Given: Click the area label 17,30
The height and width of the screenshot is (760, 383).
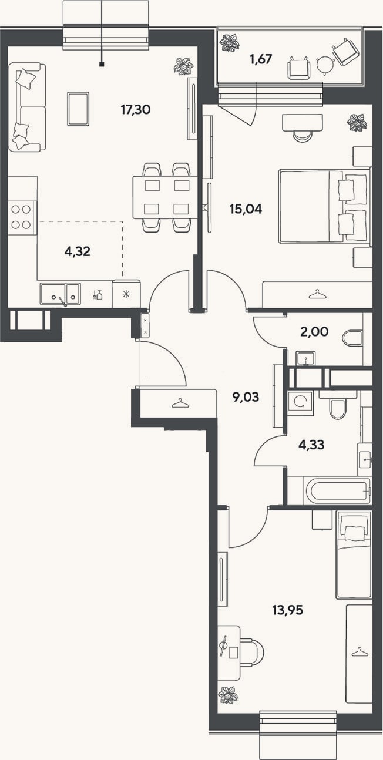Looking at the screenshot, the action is pyautogui.click(x=135, y=110).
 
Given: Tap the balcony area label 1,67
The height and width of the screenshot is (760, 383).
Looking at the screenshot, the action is pyautogui.click(x=261, y=59).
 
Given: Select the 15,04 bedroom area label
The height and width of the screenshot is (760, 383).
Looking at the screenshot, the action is pyautogui.click(x=246, y=209).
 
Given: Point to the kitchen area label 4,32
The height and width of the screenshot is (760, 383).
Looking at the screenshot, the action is pyautogui.click(x=78, y=252).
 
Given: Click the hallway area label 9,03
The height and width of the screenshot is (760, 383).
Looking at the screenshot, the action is pyautogui.click(x=246, y=396).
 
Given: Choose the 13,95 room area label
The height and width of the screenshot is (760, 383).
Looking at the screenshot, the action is pyautogui.click(x=288, y=611).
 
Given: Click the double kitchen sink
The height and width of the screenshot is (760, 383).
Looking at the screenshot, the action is pyautogui.click(x=61, y=294).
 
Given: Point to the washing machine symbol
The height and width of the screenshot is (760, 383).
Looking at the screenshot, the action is pyautogui.click(x=300, y=402).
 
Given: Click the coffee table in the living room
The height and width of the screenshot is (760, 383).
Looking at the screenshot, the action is pyautogui.click(x=78, y=109).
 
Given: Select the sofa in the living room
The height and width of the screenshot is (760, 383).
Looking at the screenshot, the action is pyautogui.click(x=27, y=107).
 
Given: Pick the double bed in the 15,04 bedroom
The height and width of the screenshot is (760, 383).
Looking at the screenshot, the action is pyautogui.click(x=324, y=207).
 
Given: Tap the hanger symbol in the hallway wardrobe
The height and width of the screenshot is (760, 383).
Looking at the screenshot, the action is pyautogui.click(x=179, y=403).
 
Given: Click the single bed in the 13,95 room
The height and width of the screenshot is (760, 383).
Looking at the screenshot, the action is pyautogui.click(x=354, y=555).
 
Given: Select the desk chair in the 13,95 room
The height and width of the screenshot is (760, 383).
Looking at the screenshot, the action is pyautogui.click(x=253, y=652).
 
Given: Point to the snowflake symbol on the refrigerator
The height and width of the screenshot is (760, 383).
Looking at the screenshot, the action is pyautogui.click(x=126, y=294).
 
